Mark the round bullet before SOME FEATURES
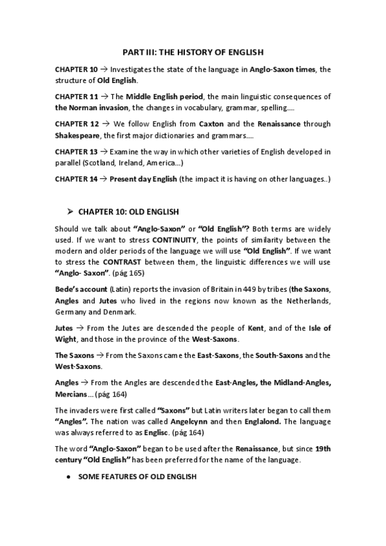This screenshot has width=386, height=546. [69, 476]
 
